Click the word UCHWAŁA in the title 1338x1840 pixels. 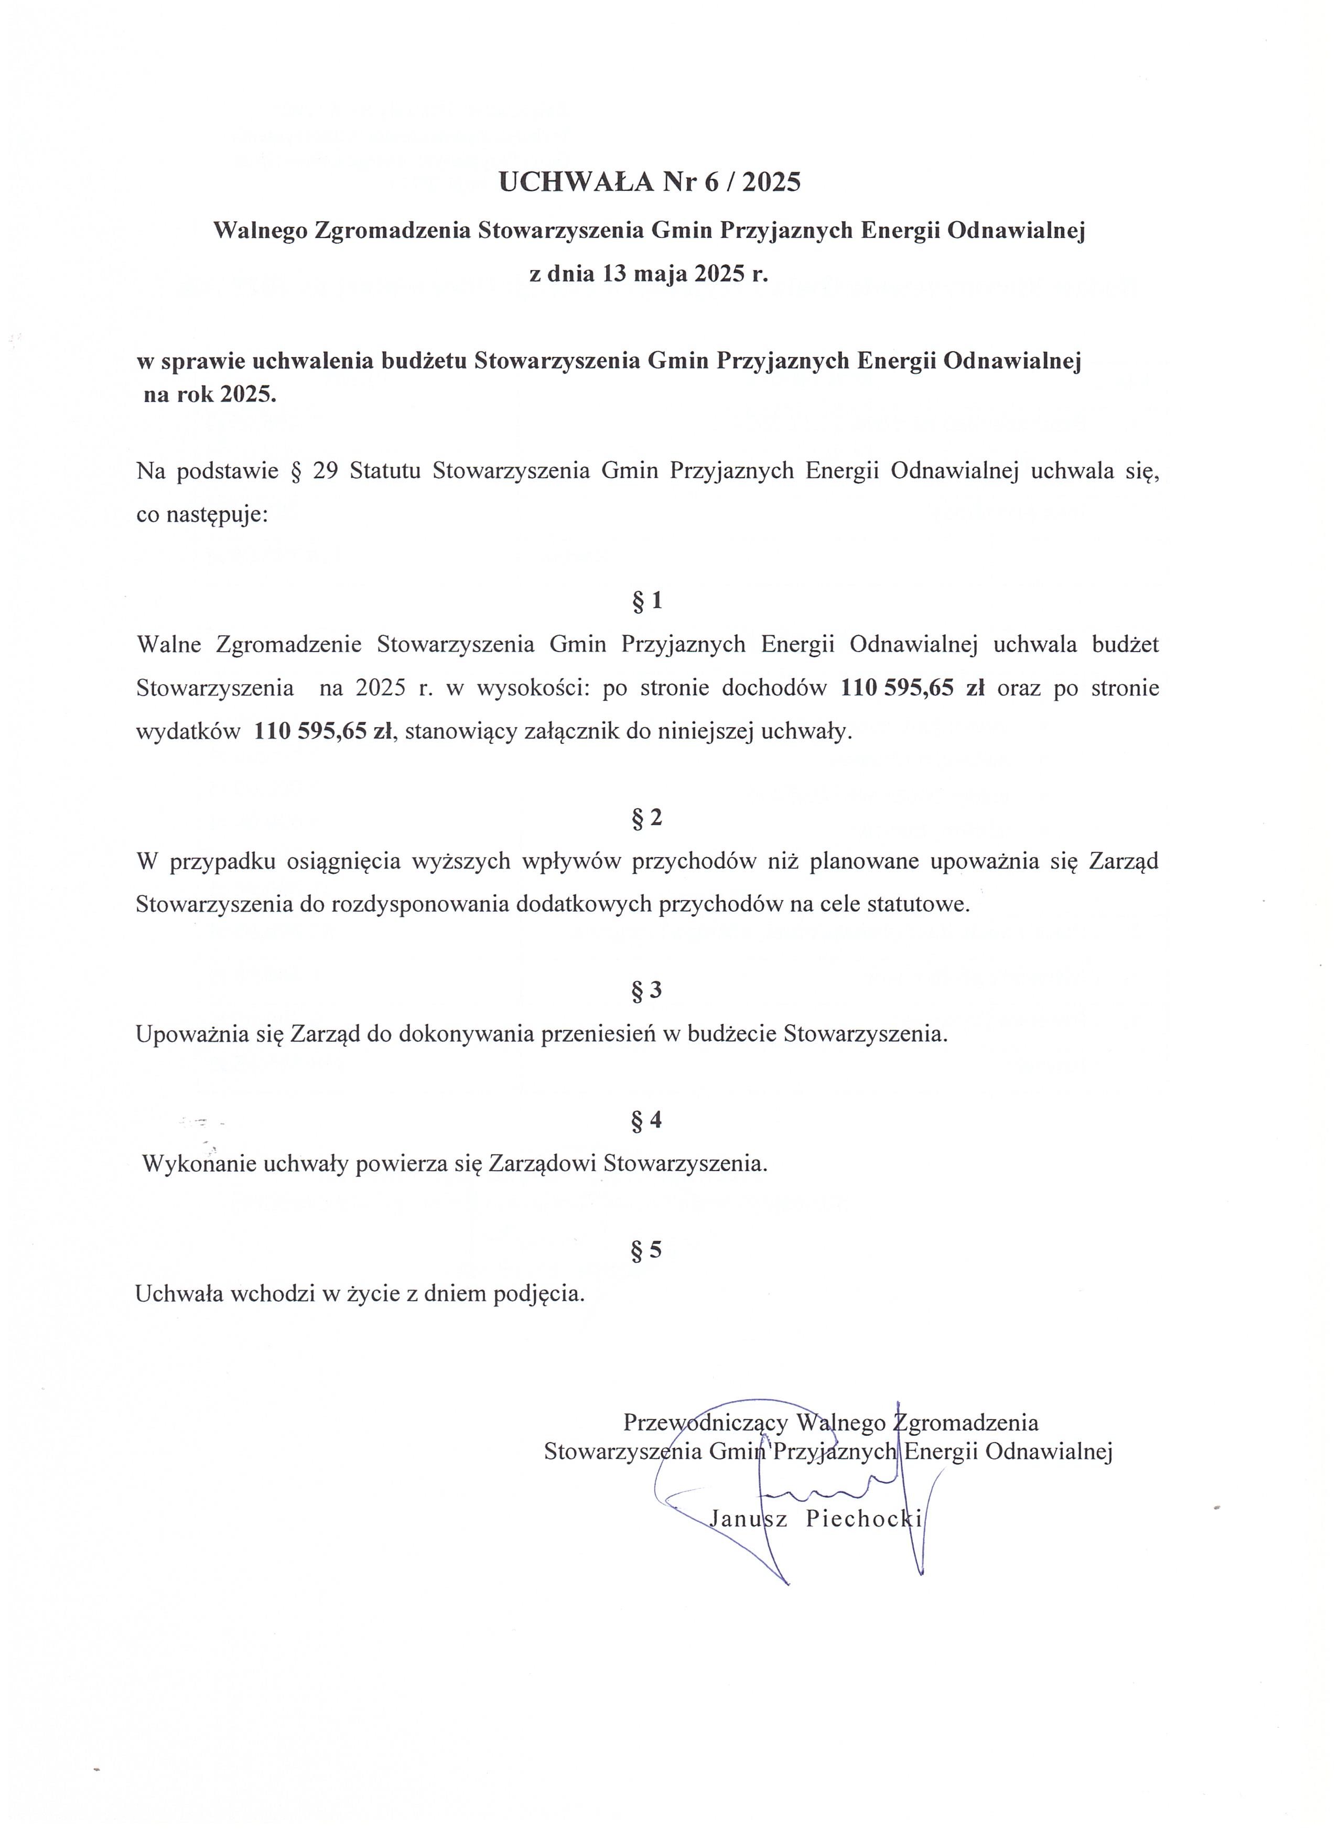click(576, 182)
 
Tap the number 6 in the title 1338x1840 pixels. click(711, 182)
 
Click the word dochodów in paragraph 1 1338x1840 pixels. click(773, 688)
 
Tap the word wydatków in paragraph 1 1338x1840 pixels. click(188, 732)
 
